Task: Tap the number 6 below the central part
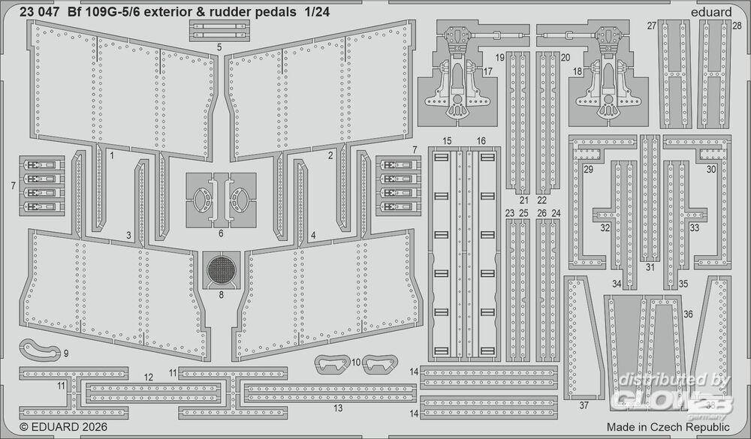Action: tap(220, 233)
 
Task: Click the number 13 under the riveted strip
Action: tap(338, 407)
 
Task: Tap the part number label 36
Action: tap(688, 315)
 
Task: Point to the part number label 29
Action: tap(588, 170)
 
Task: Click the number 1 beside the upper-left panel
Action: tap(111, 156)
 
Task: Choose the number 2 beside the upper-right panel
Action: tap(330, 156)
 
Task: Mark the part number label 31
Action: tap(650, 266)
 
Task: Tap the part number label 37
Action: tap(584, 405)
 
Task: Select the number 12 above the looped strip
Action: tap(149, 377)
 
